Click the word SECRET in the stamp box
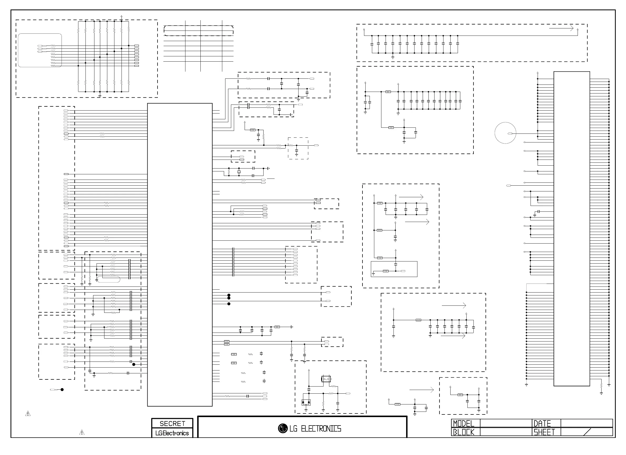click(x=172, y=423)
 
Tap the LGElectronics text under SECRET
click(x=172, y=433)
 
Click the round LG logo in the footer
click(x=283, y=428)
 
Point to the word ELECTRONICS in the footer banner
click(x=321, y=429)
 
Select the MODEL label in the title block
click(x=464, y=423)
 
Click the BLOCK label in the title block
click(x=464, y=432)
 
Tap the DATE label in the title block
click(x=542, y=423)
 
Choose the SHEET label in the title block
click(x=544, y=432)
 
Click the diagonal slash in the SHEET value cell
click(x=587, y=432)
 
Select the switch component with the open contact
click(x=326, y=379)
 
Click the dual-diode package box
click(x=306, y=403)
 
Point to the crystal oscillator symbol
click(x=239, y=172)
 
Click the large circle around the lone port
click(x=505, y=133)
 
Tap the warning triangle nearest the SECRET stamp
click(x=82, y=432)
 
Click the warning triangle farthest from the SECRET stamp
click(x=28, y=414)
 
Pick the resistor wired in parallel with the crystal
click(x=229, y=172)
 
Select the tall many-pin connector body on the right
click(x=571, y=229)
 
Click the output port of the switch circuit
click(x=348, y=393)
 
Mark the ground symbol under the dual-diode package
click(x=306, y=411)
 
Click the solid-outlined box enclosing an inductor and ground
click(x=394, y=269)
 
